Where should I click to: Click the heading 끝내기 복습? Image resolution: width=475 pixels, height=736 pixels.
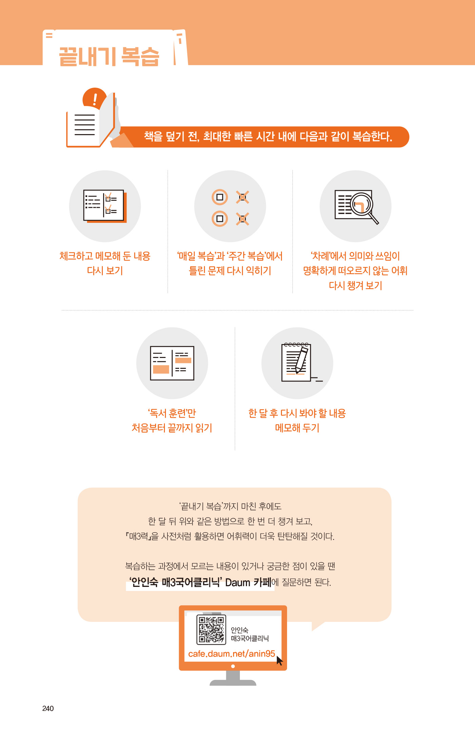(x=109, y=56)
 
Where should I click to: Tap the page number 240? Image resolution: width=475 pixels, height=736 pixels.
(x=48, y=708)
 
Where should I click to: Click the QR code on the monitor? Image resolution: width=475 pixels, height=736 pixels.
(x=211, y=630)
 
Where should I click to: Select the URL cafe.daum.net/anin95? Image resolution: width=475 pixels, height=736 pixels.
(x=231, y=654)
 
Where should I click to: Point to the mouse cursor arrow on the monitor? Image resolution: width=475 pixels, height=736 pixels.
(x=279, y=661)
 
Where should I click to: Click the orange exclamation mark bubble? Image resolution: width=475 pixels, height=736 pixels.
(x=94, y=99)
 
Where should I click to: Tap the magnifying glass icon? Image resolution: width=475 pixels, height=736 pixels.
(x=364, y=208)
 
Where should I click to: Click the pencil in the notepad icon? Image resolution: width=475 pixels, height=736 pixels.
(x=301, y=359)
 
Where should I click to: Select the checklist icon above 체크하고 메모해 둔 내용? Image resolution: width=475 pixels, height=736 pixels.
(x=105, y=206)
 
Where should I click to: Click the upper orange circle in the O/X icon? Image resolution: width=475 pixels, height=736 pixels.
(x=220, y=197)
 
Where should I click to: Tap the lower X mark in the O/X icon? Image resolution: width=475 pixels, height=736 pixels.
(x=243, y=219)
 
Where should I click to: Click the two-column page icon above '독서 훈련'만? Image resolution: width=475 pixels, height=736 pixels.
(x=172, y=363)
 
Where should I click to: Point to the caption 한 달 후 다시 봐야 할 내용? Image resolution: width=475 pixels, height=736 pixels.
(x=297, y=413)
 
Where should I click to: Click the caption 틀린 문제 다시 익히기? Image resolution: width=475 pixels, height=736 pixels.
(x=230, y=271)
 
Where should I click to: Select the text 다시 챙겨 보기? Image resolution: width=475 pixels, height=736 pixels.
(x=355, y=285)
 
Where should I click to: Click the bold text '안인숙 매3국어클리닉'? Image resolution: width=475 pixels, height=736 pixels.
(x=175, y=582)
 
